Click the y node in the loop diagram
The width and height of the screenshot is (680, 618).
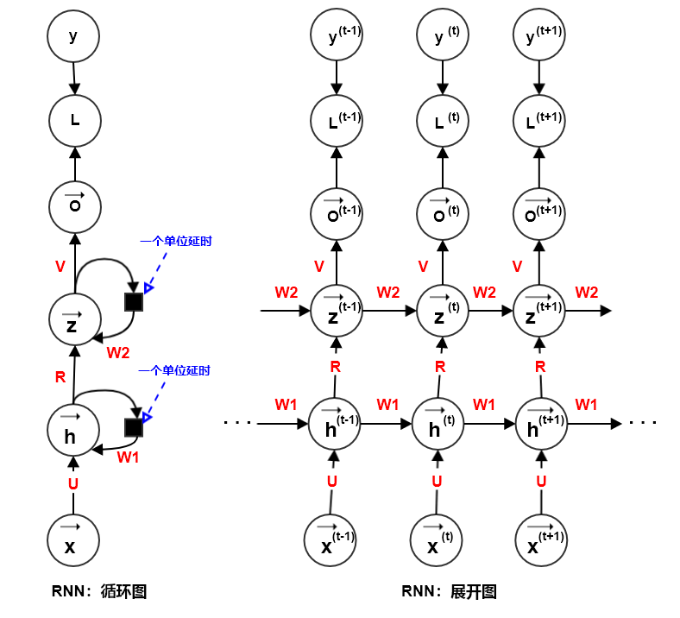coord(73,36)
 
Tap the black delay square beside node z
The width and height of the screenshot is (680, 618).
coord(134,301)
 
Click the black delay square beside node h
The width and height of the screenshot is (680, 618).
coord(134,427)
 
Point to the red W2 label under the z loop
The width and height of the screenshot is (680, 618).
coord(118,351)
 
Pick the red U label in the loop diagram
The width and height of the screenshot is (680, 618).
coord(72,483)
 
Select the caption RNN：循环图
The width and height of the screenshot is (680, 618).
coord(99,591)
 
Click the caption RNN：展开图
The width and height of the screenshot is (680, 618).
coord(449,591)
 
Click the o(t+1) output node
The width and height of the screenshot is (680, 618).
coord(540,208)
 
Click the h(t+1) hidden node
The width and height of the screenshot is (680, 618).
coord(540,425)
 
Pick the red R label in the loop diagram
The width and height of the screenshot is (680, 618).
coord(60,376)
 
